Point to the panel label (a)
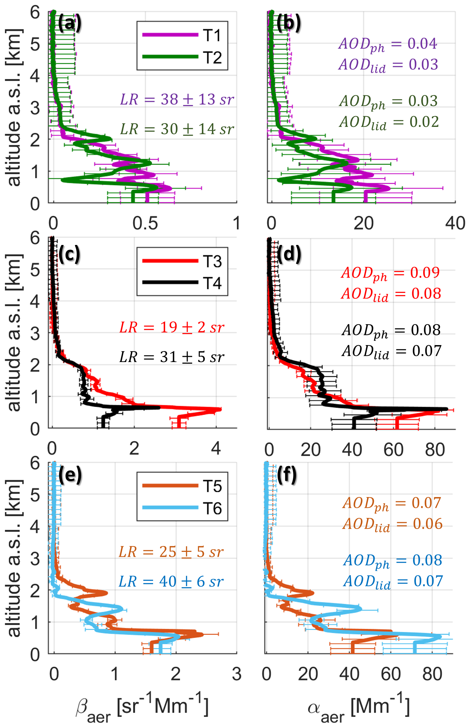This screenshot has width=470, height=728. click(69, 23)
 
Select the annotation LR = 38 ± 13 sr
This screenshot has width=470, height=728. click(177, 99)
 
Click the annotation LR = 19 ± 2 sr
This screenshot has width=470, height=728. click(172, 327)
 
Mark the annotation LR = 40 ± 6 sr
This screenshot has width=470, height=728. click(171, 582)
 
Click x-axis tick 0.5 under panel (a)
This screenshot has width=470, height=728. click(145, 224)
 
